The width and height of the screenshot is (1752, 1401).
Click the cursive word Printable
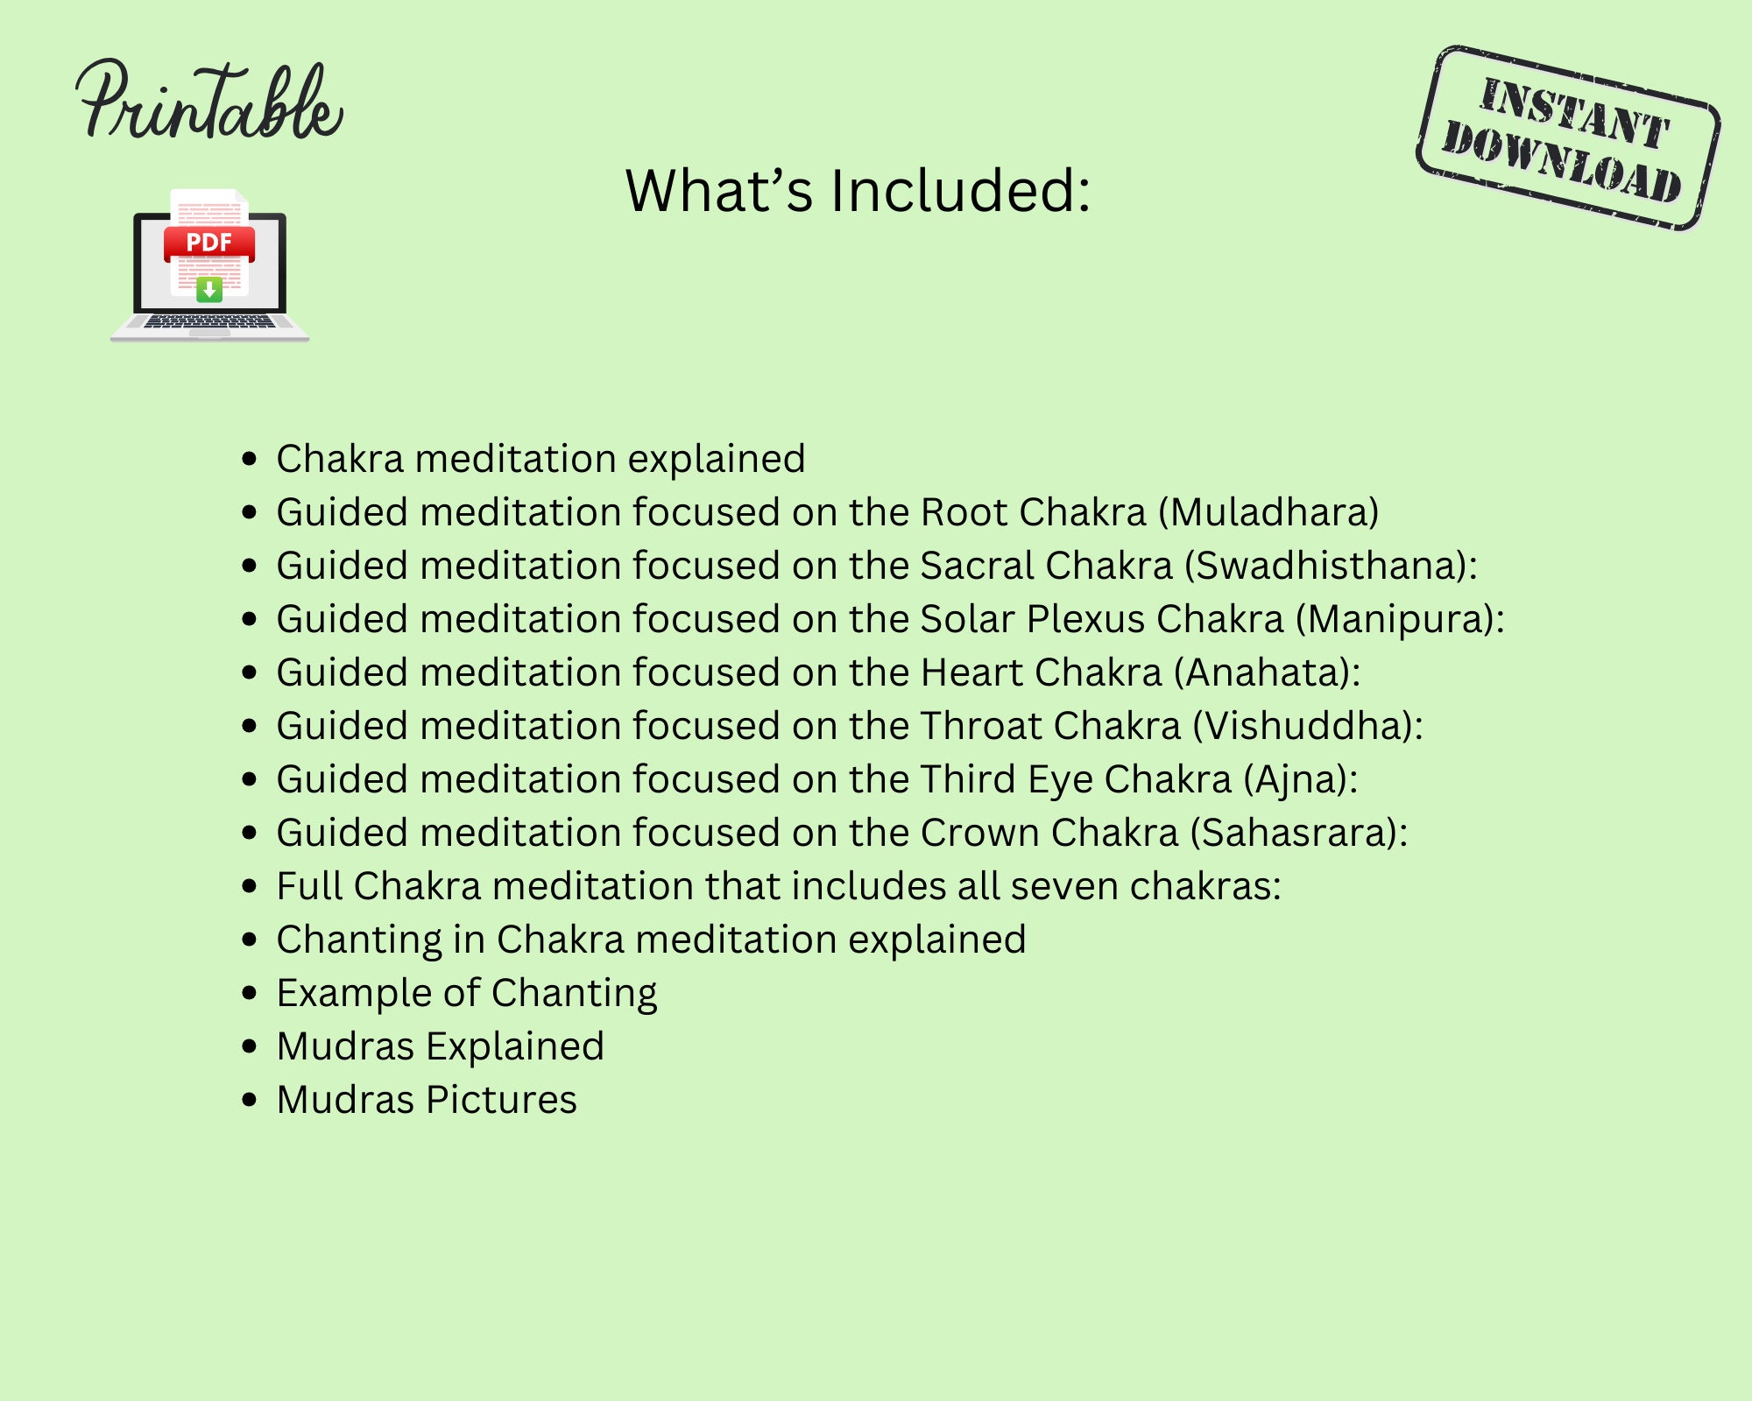(208, 103)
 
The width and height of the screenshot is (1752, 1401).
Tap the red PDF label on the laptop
(209, 243)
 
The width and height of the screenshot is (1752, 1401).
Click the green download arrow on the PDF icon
(209, 288)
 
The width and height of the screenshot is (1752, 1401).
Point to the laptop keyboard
(209, 321)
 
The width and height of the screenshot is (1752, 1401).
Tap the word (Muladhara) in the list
(1268, 512)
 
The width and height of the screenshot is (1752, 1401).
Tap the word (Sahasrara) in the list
(1293, 833)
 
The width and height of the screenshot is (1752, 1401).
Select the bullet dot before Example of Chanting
(251, 993)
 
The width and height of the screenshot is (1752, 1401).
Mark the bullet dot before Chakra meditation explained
(251, 459)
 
